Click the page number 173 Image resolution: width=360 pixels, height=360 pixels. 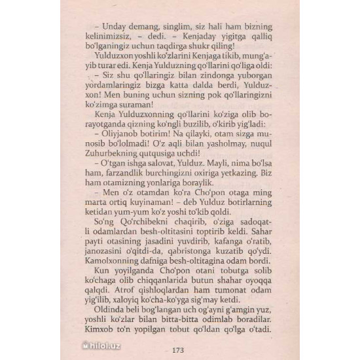179,348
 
